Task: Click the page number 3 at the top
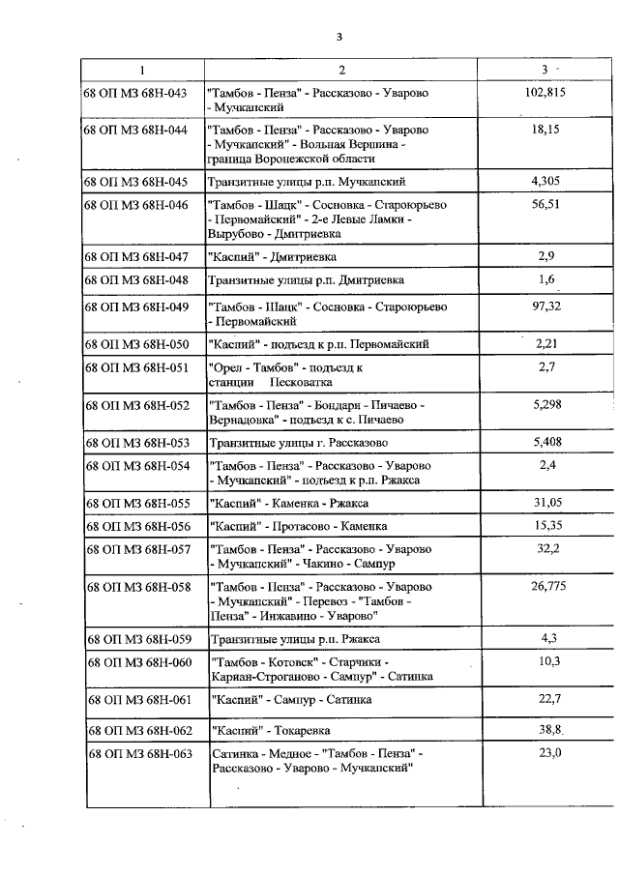tap(339, 38)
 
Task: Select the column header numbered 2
tap(341, 70)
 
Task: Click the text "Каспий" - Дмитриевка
tap(268, 257)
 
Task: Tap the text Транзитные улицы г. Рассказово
tap(298, 442)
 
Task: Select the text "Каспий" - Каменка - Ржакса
tap(288, 503)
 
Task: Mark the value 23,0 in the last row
tap(549, 753)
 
